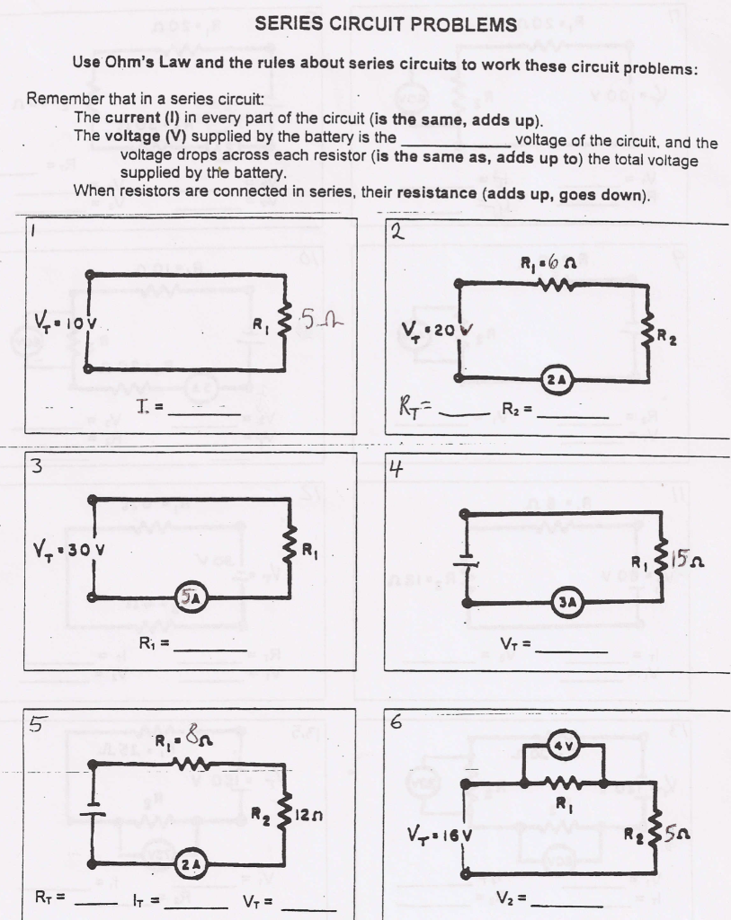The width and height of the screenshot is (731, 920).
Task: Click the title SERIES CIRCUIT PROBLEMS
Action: click(x=386, y=25)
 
